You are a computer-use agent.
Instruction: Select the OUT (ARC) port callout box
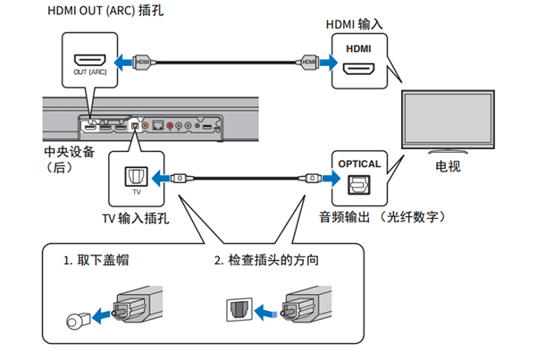[x=89, y=61]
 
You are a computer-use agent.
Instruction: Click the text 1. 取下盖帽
[x=100, y=262]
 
